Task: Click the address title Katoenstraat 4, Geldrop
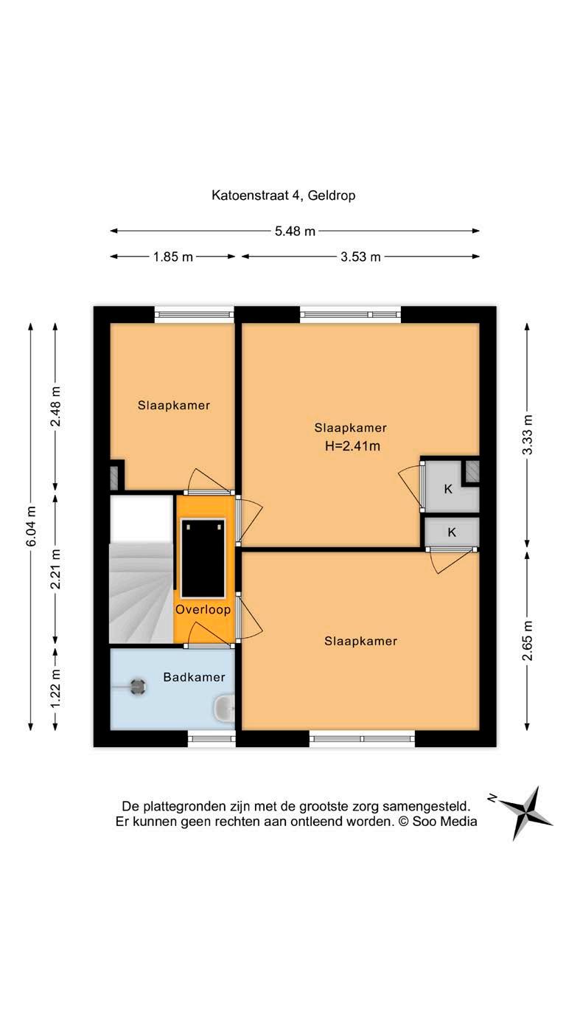coord(283,195)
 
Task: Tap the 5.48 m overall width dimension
coord(295,231)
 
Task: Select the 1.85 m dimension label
coord(173,257)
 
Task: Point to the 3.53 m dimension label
coord(360,257)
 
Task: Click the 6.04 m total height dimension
coord(31,527)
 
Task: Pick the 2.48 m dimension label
coord(55,406)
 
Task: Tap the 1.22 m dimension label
coord(55,689)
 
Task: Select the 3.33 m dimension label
coord(527,434)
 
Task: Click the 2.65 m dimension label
coord(527,640)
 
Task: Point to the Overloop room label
coord(203,609)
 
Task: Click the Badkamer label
coord(194,677)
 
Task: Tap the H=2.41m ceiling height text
coord(353,446)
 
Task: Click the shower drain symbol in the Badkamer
coord(138,687)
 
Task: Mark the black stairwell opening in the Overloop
coord(203,558)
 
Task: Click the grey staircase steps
coord(141,593)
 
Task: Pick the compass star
coord(526,813)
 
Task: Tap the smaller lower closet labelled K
coord(452,532)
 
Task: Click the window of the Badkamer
coord(212,739)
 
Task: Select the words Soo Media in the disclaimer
coord(444,821)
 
